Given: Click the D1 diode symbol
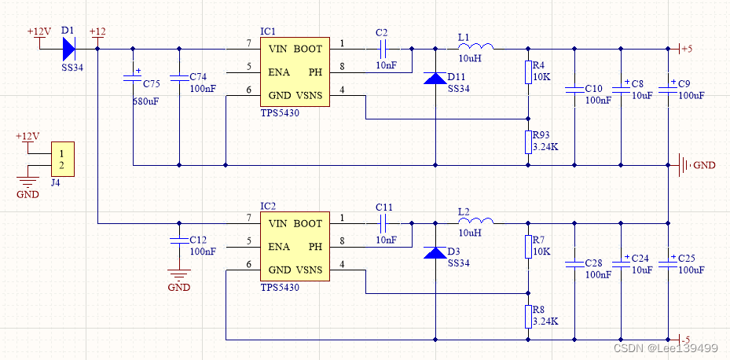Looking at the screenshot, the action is coord(68,49).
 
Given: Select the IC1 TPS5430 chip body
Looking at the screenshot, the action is coord(295,72).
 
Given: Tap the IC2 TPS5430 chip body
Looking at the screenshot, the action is coord(295,247).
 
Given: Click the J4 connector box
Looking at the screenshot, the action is coord(62,160).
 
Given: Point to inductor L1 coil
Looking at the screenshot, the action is coord(476,46).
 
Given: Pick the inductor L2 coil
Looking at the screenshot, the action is coord(476,221).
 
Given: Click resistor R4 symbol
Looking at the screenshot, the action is coord(528,72).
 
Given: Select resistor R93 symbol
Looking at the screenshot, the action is coord(528,142).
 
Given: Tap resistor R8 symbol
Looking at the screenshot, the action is coord(528,317).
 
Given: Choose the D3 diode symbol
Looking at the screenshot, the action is coord(435,253).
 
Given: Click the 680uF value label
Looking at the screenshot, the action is coord(145,101).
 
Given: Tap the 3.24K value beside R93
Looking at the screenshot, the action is coord(545,147).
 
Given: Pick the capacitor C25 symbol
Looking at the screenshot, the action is coord(668,263).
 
